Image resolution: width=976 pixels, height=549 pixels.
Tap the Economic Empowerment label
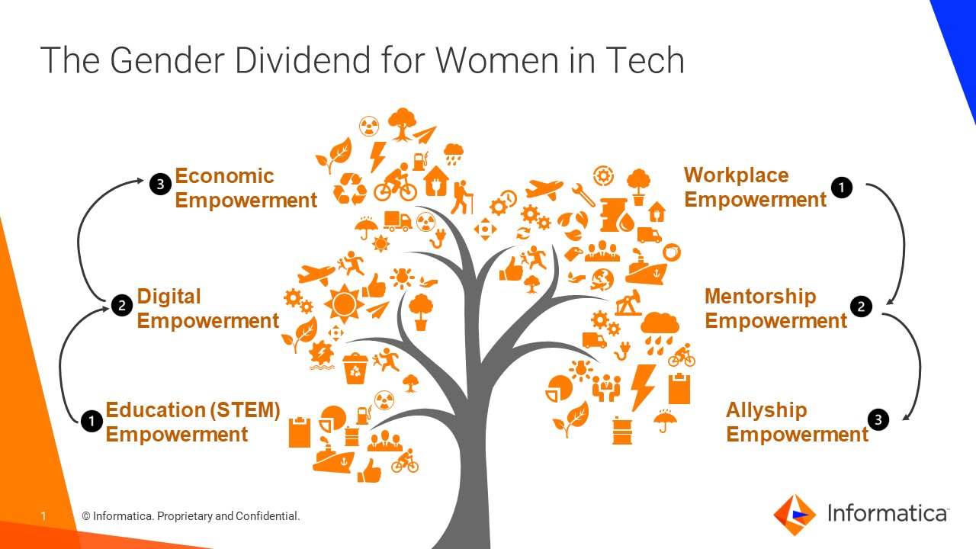(246, 188)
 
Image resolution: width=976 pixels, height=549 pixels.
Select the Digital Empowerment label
(207, 309)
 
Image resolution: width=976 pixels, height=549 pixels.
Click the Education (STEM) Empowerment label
(192, 422)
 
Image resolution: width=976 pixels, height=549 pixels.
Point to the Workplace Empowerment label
(755, 188)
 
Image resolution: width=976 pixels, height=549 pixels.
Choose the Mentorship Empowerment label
(775, 309)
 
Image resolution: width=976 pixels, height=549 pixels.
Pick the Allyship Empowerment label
(797, 422)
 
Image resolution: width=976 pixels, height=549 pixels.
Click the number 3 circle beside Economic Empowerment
(159, 184)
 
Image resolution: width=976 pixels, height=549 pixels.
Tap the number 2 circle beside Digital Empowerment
(121, 306)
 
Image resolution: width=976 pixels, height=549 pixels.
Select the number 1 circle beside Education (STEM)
(91, 421)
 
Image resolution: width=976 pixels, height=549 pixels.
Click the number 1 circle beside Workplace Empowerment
(842, 187)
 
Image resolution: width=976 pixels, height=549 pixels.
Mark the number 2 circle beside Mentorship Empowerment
(861, 307)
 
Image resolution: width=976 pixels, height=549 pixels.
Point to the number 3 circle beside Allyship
(878, 419)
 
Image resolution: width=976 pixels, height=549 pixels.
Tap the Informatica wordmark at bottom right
(888, 514)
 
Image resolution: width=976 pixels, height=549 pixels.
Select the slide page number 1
(43, 516)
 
